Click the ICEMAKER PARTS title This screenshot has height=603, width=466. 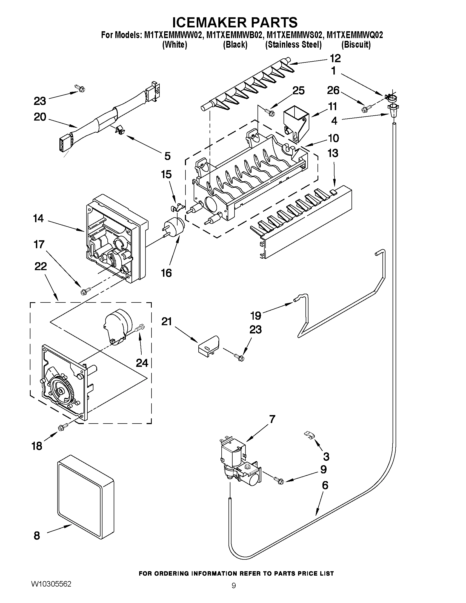(x=235, y=22)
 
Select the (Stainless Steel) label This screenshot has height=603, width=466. (x=293, y=45)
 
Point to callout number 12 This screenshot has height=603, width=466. (x=335, y=59)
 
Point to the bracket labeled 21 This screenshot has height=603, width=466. (x=208, y=345)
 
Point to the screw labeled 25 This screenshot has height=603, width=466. (x=270, y=112)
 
